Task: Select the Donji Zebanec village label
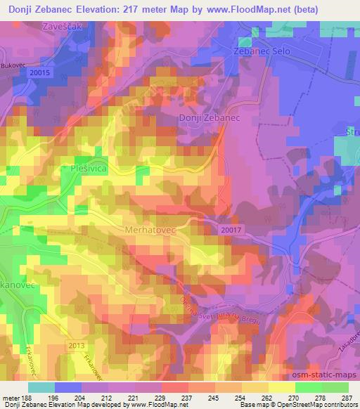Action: point(210,118)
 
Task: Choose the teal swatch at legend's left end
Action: point(41,387)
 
